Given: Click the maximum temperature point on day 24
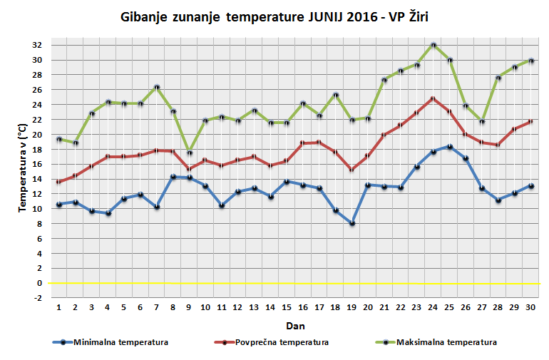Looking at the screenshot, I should pyautogui.click(x=433, y=45).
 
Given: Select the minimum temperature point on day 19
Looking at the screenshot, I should pyautogui.click(x=352, y=223).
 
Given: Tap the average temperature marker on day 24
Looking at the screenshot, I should pyautogui.click(x=433, y=98).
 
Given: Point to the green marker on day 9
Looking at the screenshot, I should pyautogui.click(x=189, y=152).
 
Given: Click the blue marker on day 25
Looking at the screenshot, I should pyautogui.click(x=449, y=146).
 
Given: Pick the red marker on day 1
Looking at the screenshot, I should pyautogui.click(x=59, y=182).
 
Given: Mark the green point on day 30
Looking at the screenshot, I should pyautogui.click(x=530, y=61).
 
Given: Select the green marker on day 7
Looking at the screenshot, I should pyautogui.click(x=157, y=87).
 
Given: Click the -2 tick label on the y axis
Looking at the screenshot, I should pyautogui.click(x=37, y=298).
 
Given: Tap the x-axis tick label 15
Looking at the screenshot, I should pyautogui.click(x=287, y=309).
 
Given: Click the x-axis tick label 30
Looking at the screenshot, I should pyautogui.click(x=530, y=309).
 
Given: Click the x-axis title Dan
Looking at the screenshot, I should pyautogui.click(x=295, y=326).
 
